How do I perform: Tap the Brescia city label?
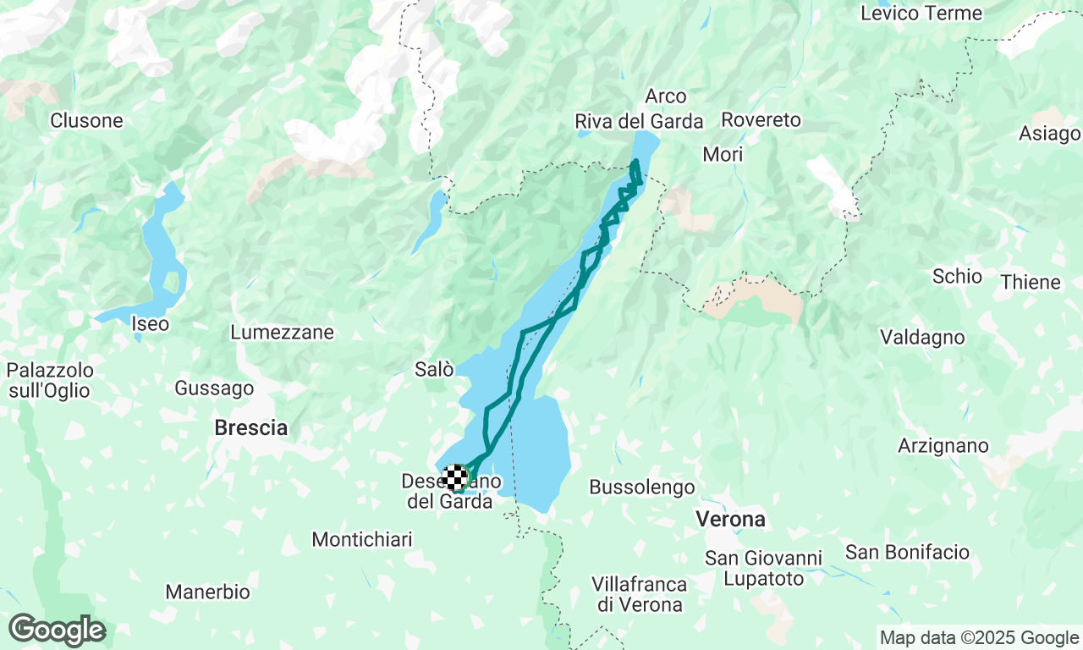(250, 428)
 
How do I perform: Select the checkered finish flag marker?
(456, 477)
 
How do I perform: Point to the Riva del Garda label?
(639, 122)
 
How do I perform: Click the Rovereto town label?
(761, 120)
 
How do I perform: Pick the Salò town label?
(434, 369)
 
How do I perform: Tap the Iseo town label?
(150, 323)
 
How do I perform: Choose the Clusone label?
(86, 121)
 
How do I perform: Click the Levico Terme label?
(921, 14)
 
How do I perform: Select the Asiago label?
(1049, 134)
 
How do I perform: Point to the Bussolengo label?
(642, 487)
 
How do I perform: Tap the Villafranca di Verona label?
(639, 594)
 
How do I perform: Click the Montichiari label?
(362, 539)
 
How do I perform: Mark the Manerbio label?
(207, 592)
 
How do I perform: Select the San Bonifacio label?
(907, 553)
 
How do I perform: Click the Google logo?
(57, 631)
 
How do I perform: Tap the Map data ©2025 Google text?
(979, 638)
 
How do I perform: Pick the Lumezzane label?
(282, 333)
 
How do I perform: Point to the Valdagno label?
(922, 338)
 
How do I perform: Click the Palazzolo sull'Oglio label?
(49, 381)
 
